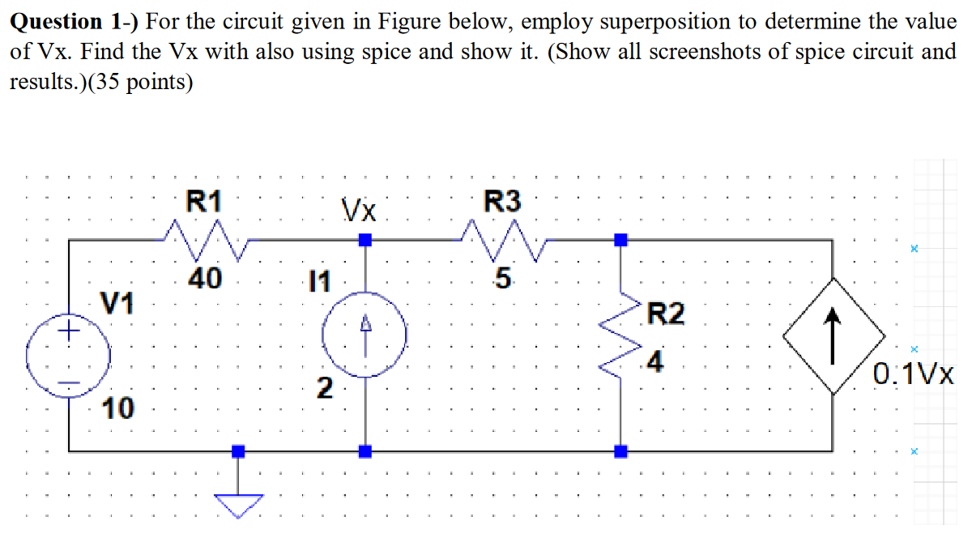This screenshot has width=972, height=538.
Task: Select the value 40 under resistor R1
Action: (x=205, y=280)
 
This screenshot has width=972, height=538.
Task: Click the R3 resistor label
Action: (x=502, y=200)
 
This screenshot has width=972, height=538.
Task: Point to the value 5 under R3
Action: (x=503, y=280)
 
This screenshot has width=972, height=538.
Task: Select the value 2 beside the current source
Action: (x=323, y=389)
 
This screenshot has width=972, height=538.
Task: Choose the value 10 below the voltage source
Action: (x=118, y=409)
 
